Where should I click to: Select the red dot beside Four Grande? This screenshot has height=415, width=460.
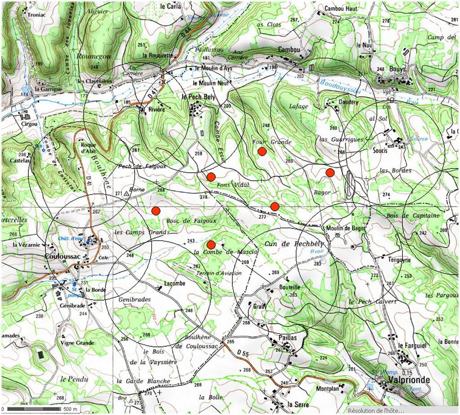262,152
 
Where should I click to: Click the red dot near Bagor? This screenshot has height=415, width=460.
330,173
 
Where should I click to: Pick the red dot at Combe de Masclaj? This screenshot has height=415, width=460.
211,245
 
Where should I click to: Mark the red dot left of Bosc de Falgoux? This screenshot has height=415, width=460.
156,211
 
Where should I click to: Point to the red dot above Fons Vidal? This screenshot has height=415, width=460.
211,177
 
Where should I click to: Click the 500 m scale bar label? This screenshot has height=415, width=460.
70,409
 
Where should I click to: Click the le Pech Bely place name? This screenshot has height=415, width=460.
199,97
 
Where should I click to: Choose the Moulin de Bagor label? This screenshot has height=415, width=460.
347,228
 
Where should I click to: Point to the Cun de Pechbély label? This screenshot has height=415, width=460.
291,243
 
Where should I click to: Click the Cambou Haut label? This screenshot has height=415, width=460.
341,9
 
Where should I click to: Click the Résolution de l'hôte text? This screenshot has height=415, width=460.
376,411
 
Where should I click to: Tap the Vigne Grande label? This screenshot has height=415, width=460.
77,343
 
